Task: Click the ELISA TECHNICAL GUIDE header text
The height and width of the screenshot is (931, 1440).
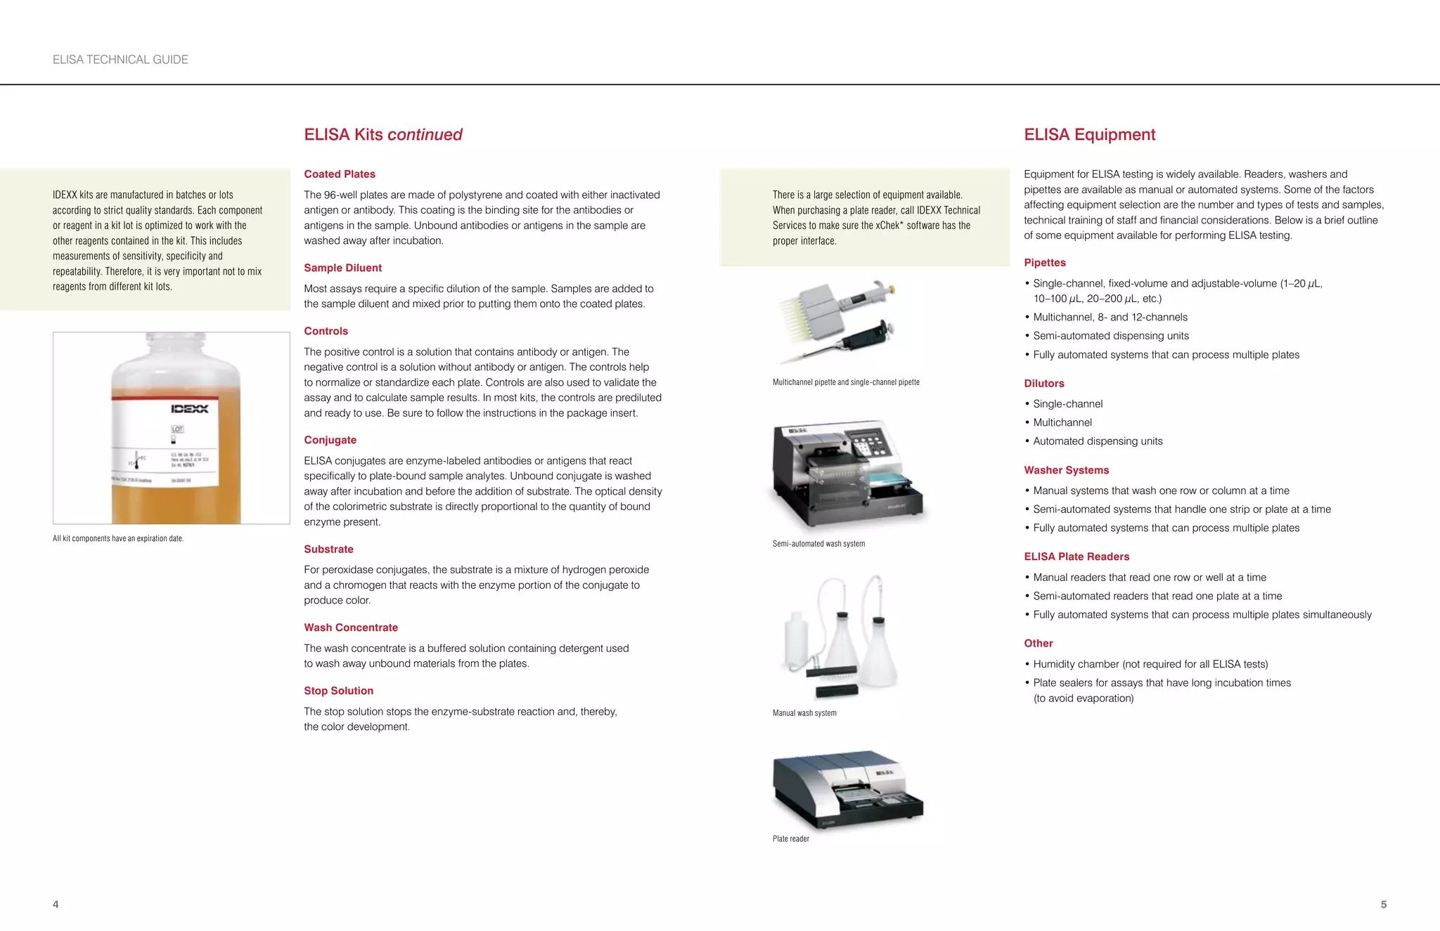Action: pyautogui.click(x=120, y=60)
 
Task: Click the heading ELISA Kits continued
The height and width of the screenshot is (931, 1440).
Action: pyautogui.click(x=383, y=135)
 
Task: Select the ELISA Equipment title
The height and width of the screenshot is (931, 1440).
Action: pyautogui.click(x=1089, y=135)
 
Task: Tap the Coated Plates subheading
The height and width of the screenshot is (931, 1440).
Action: pyautogui.click(x=340, y=174)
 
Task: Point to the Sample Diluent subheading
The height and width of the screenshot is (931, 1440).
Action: pyautogui.click(x=342, y=268)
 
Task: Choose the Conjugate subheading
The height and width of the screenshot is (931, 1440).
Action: pyautogui.click(x=330, y=440)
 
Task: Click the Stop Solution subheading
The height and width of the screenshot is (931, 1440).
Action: pyautogui.click(x=338, y=691)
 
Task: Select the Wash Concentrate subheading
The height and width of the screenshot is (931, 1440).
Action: pyautogui.click(x=351, y=627)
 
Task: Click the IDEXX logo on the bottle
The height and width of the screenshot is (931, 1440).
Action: pyautogui.click(x=190, y=409)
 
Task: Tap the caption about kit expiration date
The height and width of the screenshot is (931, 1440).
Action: pyautogui.click(x=118, y=538)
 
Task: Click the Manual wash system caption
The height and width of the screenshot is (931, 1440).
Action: pyautogui.click(x=804, y=712)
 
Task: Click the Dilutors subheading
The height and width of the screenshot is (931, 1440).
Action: pyautogui.click(x=1043, y=384)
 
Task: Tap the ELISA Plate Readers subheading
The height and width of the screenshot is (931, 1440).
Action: pyautogui.click(x=1076, y=556)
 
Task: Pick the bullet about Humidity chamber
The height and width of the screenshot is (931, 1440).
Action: pyautogui.click(x=1150, y=664)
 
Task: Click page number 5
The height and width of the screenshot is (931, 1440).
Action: pyautogui.click(x=1383, y=904)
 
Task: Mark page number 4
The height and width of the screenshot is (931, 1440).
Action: pyautogui.click(x=56, y=904)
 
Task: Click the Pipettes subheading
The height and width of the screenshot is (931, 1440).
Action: pyautogui.click(x=1044, y=263)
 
